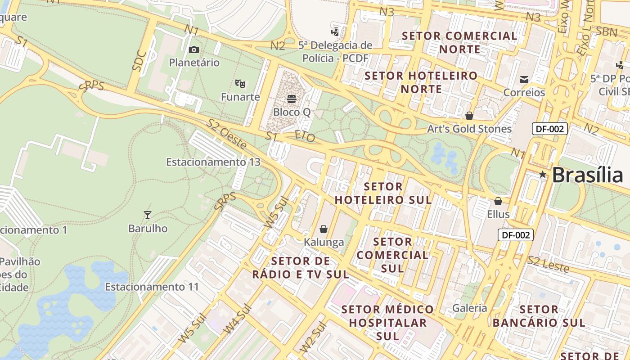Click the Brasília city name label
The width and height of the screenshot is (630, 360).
[587, 175]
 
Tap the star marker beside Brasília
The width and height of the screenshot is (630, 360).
[543, 175]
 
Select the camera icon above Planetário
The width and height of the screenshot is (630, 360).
[194, 49]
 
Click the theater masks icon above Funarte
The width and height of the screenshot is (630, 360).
[240, 83]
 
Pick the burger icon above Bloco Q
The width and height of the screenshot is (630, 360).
[292, 99]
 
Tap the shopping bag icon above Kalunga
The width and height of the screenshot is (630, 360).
[323, 229]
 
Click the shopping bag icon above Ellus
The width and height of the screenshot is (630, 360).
[498, 201]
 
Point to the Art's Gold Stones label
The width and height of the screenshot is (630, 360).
[469, 129]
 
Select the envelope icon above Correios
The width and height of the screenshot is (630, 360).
[524, 80]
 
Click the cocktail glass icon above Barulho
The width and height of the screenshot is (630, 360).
[147, 215]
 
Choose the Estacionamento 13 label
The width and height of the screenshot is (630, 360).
[213, 162]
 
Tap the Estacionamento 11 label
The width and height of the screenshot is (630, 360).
[152, 287]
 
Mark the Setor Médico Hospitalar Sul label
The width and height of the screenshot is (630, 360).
[387, 323]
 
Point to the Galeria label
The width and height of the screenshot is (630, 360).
[470, 308]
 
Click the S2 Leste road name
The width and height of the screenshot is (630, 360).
[548, 264]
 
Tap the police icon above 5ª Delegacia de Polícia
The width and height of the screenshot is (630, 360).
[334, 31]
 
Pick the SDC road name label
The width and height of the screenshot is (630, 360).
[139, 60]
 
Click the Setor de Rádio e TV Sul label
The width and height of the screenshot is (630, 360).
[301, 268]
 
